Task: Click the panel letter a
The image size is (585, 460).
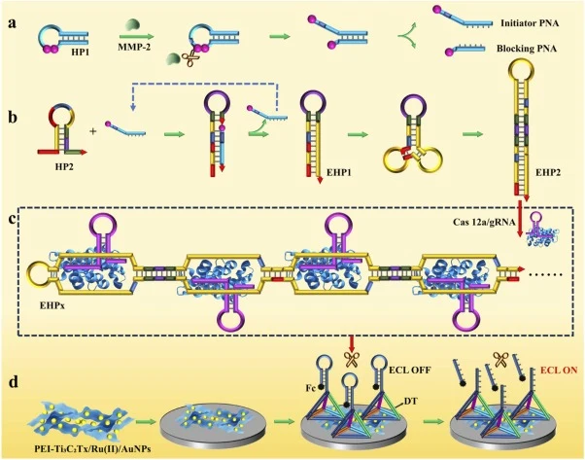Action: pos(14,23)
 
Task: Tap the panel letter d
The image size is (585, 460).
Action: pos(14,382)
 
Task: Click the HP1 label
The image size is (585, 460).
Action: pos(81,52)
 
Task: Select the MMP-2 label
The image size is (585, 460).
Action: pos(136,47)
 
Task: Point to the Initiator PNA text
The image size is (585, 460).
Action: pos(530,23)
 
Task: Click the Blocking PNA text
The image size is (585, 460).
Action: pos(527,49)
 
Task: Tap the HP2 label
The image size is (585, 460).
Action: pos(64,166)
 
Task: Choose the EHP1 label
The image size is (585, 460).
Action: pos(339,172)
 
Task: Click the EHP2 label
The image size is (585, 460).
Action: pos(548,172)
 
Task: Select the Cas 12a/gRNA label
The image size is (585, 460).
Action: pos(484,222)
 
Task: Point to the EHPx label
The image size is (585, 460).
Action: pos(52,305)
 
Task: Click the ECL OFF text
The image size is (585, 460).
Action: pos(410,371)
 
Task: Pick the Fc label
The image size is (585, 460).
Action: pos(311,388)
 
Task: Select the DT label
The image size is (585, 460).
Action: pos(411,402)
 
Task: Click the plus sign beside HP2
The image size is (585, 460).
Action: pos(93,131)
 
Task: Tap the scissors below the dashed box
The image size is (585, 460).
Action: pos(352,359)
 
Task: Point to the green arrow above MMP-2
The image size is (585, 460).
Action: pos(137,37)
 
